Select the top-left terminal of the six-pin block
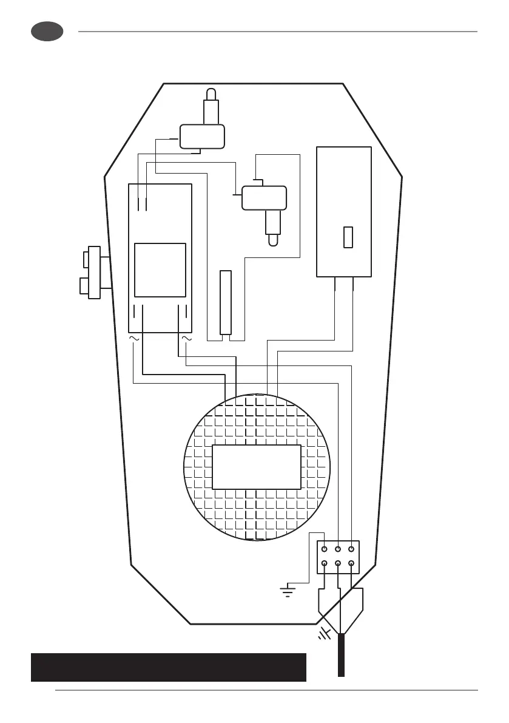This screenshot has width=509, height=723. [x=325, y=549]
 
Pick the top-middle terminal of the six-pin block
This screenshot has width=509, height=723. [x=338, y=549]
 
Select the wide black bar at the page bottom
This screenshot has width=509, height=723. [x=168, y=667]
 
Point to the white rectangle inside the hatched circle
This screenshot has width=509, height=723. [x=256, y=467]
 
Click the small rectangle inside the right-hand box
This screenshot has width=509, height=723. [x=348, y=237]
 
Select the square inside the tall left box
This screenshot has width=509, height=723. [x=160, y=270]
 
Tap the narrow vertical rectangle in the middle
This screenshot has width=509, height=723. [x=226, y=302]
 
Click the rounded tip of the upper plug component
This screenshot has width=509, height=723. [x=211, y=93]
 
